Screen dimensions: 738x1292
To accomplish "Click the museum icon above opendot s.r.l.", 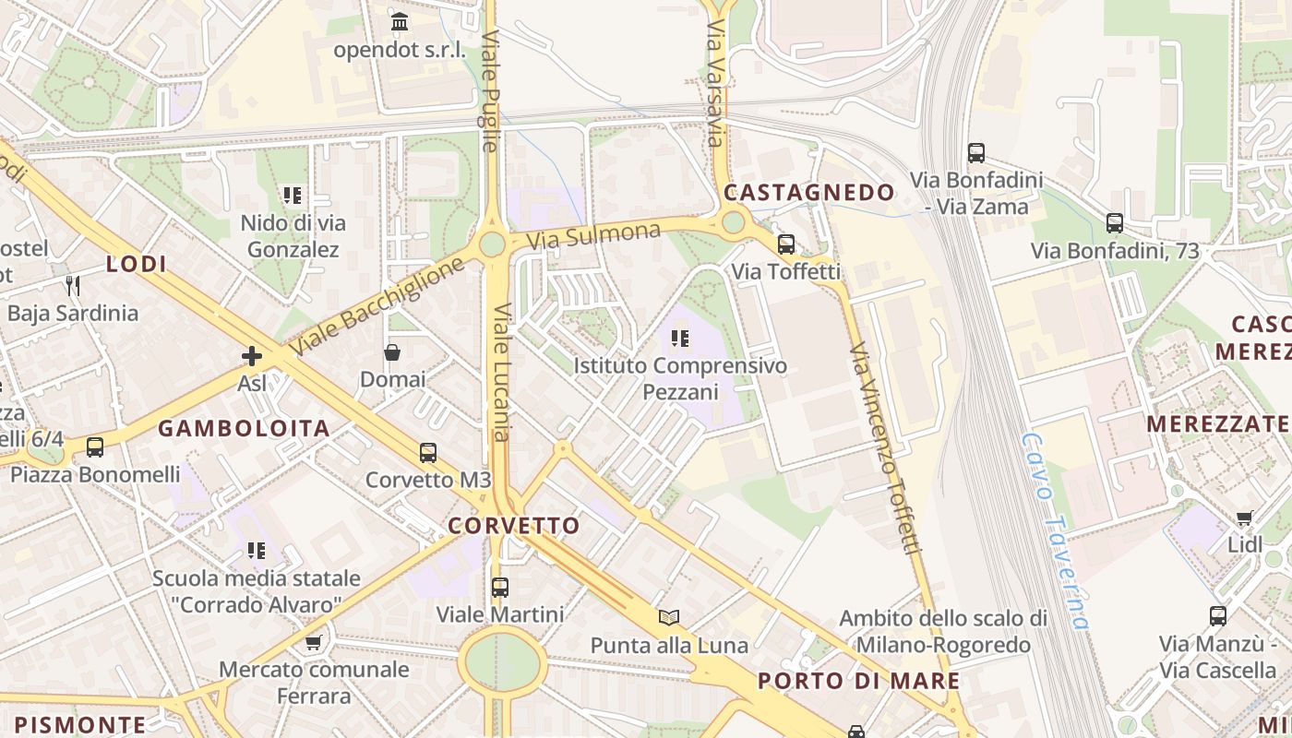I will click(x=400, y=22).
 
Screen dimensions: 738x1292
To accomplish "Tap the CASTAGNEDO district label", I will click(x=808, y=193).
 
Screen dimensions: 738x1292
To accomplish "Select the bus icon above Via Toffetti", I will click(x=786, y=244).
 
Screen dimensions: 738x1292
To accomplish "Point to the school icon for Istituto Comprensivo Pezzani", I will click(x=680, y=339).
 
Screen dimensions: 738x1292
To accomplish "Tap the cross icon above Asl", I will click(x=251, y=356).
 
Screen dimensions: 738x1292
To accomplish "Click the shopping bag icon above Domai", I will click(x=392, y=352).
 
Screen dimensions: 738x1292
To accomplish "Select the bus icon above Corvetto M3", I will click(x=428, y=453).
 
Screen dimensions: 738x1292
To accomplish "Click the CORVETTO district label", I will click(x=514, y=526).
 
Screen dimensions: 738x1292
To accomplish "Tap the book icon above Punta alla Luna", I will click(x=669, y=618).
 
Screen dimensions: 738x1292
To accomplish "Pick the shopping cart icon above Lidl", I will click(x=1245, y=518).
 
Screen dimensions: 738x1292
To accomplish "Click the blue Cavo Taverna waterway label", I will click(x=1056, y=531).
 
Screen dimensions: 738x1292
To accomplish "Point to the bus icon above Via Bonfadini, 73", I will click(x=1115, y=223).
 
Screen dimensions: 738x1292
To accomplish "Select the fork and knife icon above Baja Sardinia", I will click(x=73, y=285).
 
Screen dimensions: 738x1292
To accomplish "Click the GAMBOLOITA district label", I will click(x=244, y=428).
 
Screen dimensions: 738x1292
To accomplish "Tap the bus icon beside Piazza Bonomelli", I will click(x=94, y=448).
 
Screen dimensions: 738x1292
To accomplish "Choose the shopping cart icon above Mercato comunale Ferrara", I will click(x=314, y=642).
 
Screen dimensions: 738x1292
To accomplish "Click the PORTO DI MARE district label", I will click(x=858, y=682).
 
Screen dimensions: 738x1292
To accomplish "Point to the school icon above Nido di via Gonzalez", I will click(x=293, y=196).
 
